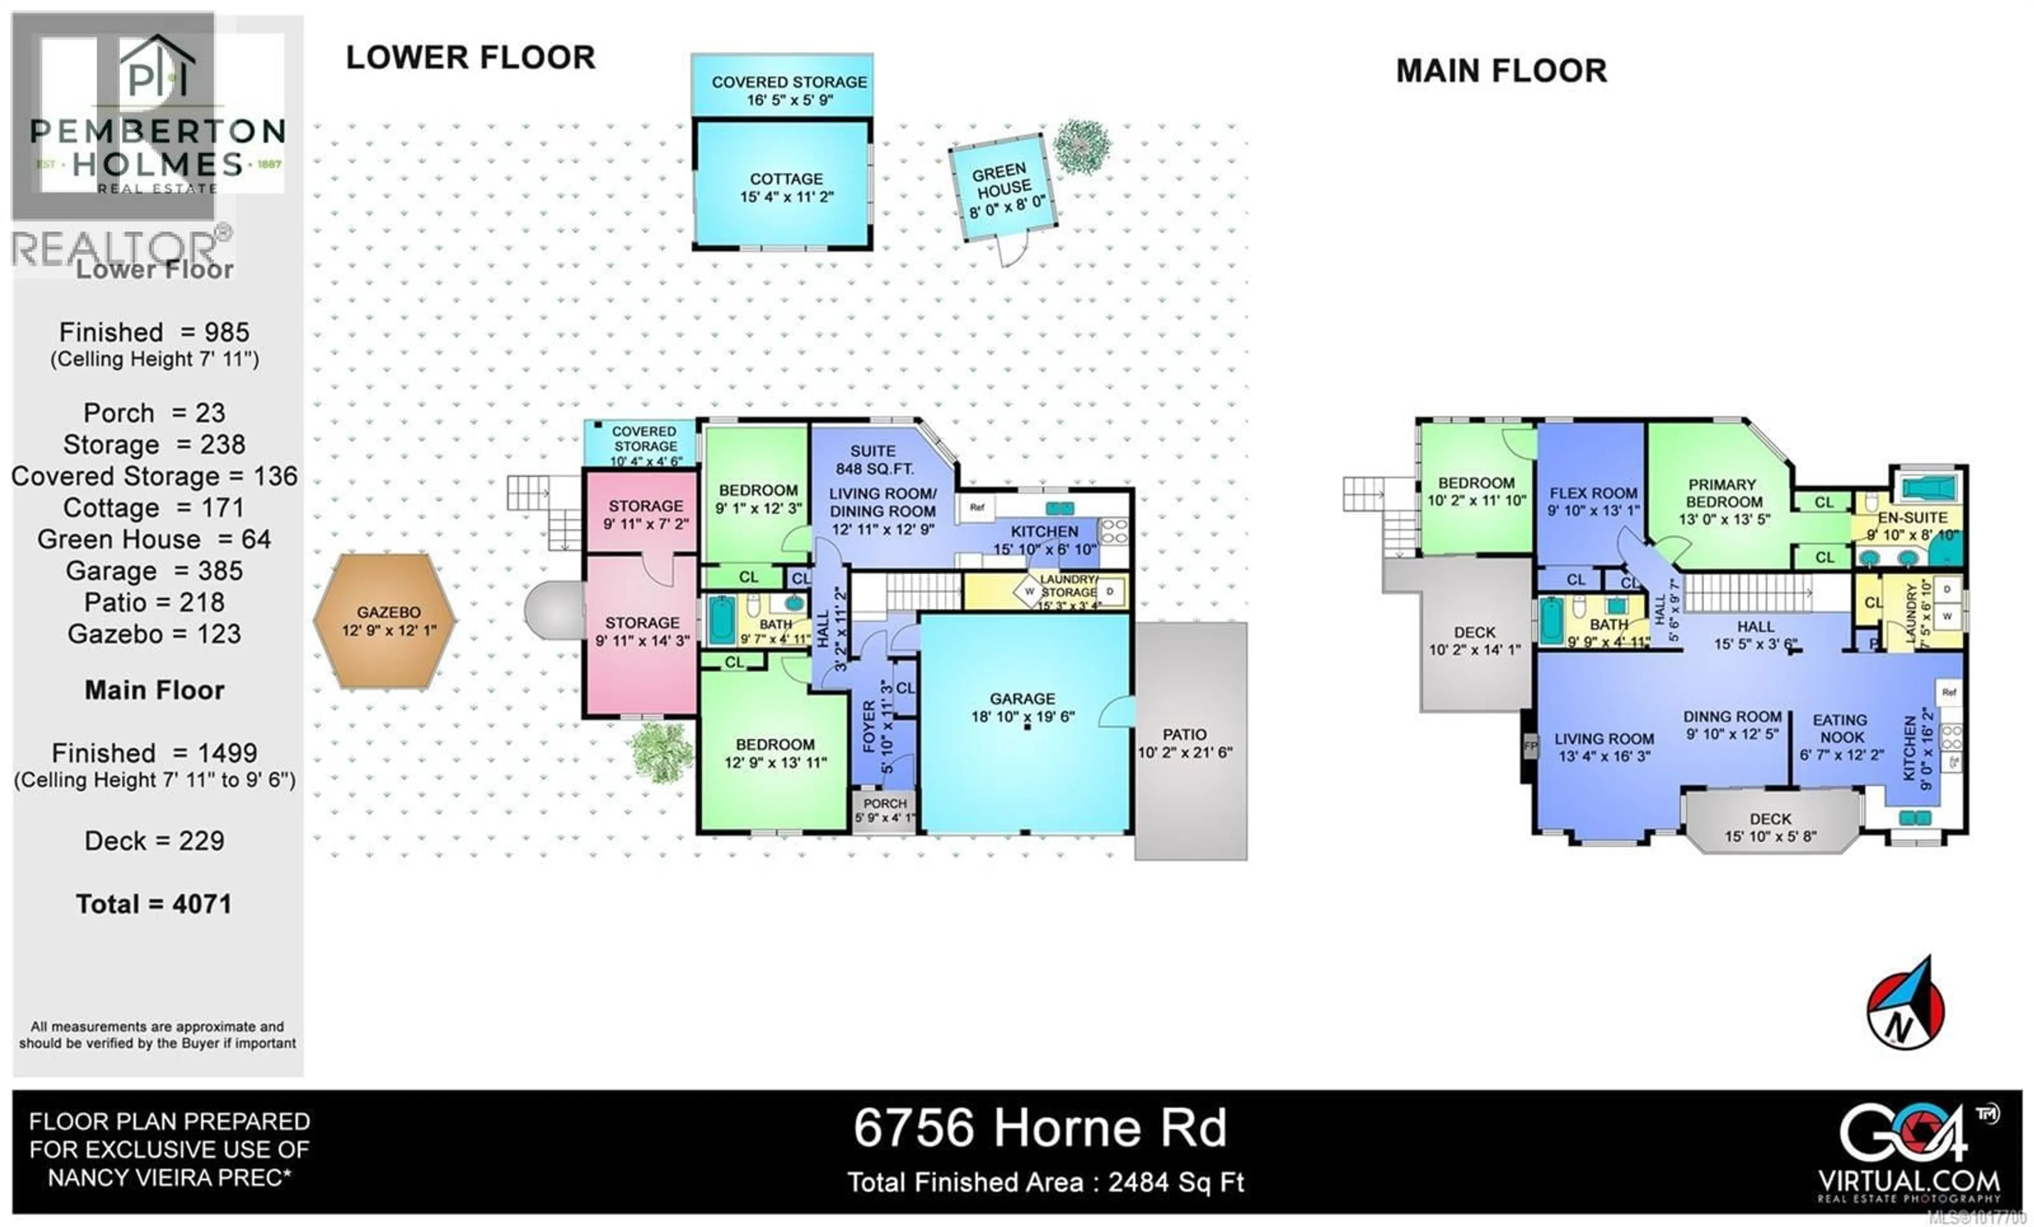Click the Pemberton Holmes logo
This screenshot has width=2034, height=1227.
[x=157, y=115]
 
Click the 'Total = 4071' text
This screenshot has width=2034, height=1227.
[x=154, y=904]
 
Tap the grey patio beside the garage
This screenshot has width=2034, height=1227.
[x=1190, y=742]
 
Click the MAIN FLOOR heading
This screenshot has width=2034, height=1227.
[x=1501, y=71]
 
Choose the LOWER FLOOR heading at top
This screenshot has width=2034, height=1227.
[x=470, y=58]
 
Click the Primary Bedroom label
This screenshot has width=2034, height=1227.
[x=1722, y=493]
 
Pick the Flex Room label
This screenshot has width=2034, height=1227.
[x=1592, y=493]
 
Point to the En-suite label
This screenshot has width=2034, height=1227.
[x=1912, y=518]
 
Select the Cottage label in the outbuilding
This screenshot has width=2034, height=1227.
[x=786, y=179]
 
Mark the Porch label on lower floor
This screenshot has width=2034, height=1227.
[x=884, y=803]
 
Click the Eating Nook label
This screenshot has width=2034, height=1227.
[x=1840, y=728]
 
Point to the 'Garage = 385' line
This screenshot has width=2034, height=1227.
[x=154, y=571]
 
